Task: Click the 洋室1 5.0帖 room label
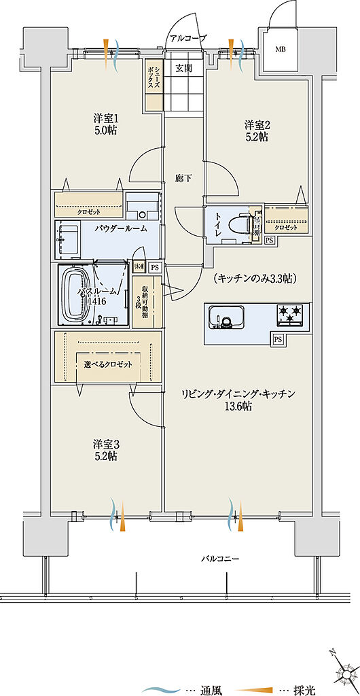click(105, 124)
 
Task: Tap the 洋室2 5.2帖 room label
click(257, 130)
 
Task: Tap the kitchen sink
click(226, 317)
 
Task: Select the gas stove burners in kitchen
click(291, 314)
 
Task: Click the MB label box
click(280, 50)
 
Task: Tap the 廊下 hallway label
click(183, 178)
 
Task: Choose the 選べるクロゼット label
click(107, 364)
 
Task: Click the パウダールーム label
click(121, 229)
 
